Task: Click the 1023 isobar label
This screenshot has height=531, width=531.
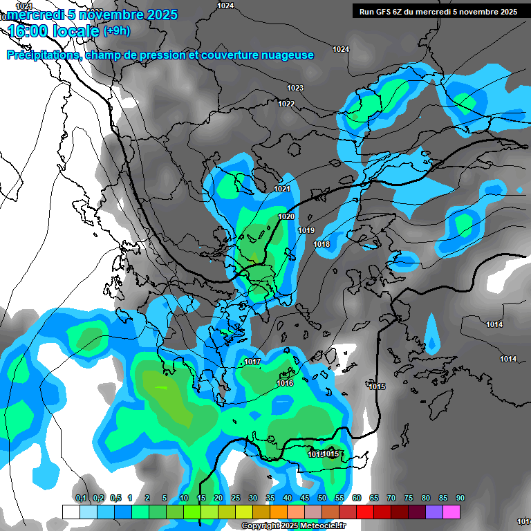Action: tap(295, 88)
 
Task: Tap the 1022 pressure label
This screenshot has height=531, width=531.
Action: tap(286, 104)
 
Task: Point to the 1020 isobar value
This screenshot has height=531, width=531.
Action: tap(286, 216)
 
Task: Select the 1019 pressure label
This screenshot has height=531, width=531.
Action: tap(306, 230)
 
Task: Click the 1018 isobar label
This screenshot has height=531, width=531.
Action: tap(322, 245)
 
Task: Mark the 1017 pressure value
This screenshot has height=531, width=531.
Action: tap(252, 362)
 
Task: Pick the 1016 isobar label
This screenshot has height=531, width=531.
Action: tap(285, 383)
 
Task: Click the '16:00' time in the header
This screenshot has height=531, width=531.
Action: tap(30, 31)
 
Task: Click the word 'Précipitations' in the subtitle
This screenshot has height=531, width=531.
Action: tap(42, 55)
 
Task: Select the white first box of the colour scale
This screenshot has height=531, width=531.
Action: tap(71, 512)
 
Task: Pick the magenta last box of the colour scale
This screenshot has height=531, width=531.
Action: tap(451, 512)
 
